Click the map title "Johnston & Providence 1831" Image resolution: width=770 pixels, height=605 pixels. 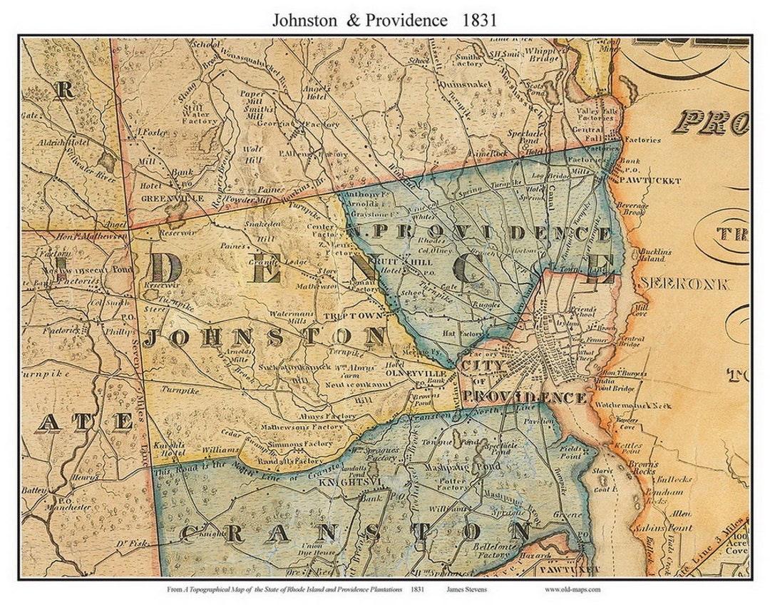click(x=384, y=20)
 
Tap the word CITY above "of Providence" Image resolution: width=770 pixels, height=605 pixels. click(x=485, y=365)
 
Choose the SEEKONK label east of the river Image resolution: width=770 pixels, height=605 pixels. click(x=684, y=283)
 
